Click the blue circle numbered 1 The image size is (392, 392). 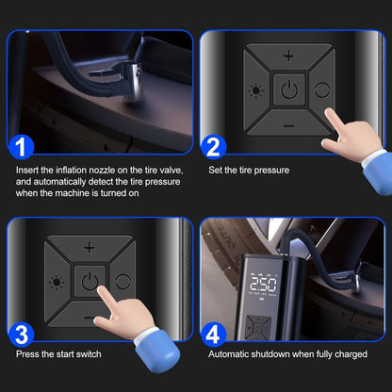coord(21,147)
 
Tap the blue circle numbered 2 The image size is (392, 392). coord(213,147)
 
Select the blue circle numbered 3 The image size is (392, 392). coord(21,335)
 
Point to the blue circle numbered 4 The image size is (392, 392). coord(213,335)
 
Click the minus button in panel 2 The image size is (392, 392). coord(288,126)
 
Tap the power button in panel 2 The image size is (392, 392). coord(289,90)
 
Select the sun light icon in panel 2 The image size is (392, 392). coord(255,91)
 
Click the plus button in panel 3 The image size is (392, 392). coord(90,248)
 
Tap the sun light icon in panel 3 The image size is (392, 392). coord(57,283)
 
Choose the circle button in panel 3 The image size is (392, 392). coord(122,282)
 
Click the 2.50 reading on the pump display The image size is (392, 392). coord(263,284)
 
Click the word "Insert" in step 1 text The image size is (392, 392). coord(27,170)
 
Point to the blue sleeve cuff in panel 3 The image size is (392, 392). coord(157,351)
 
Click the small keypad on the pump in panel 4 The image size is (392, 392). coord(258,328)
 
